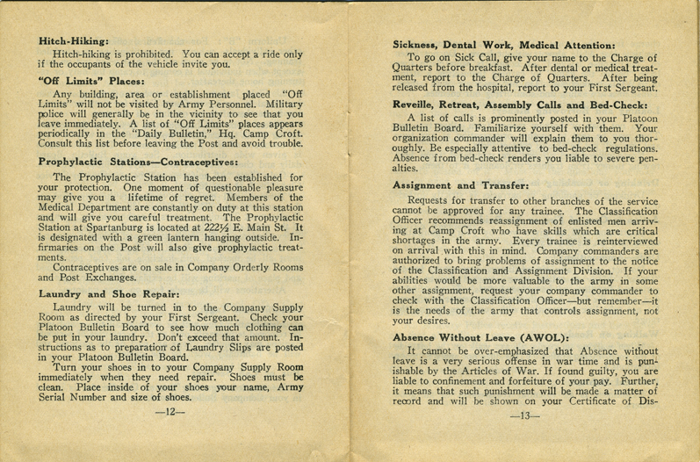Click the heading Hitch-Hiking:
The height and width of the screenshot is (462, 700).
[x=74, y=40]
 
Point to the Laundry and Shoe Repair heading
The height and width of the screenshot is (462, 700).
[x=110, y=295]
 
